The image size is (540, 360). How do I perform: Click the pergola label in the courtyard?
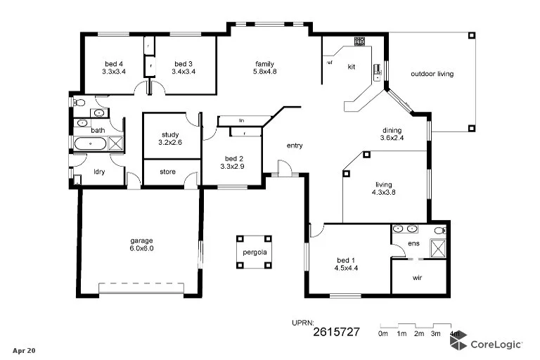(255, 252)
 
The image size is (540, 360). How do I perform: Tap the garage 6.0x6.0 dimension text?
(141, 248)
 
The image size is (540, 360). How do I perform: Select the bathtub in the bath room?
(90, 145)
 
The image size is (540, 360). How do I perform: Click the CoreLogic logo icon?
(458, 342)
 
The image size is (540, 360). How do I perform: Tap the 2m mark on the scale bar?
(418, 334)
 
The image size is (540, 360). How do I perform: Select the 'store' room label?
(167, 172)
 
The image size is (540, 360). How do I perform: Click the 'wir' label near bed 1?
(417, 277)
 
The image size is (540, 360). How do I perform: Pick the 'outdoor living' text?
(432, 74)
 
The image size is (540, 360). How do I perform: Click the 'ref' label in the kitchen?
(329, 63)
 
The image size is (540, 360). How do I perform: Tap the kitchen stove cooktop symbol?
(359, 41)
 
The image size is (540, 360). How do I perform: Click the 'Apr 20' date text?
(24, 349)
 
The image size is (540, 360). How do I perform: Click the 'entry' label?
(295, 146)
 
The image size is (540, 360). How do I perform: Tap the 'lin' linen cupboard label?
(241, 120)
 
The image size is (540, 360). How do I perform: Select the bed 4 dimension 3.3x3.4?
(113, 71)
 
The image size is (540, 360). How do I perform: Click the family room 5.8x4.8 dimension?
(264, 71)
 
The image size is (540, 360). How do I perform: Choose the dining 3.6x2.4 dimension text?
(392, 138)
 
